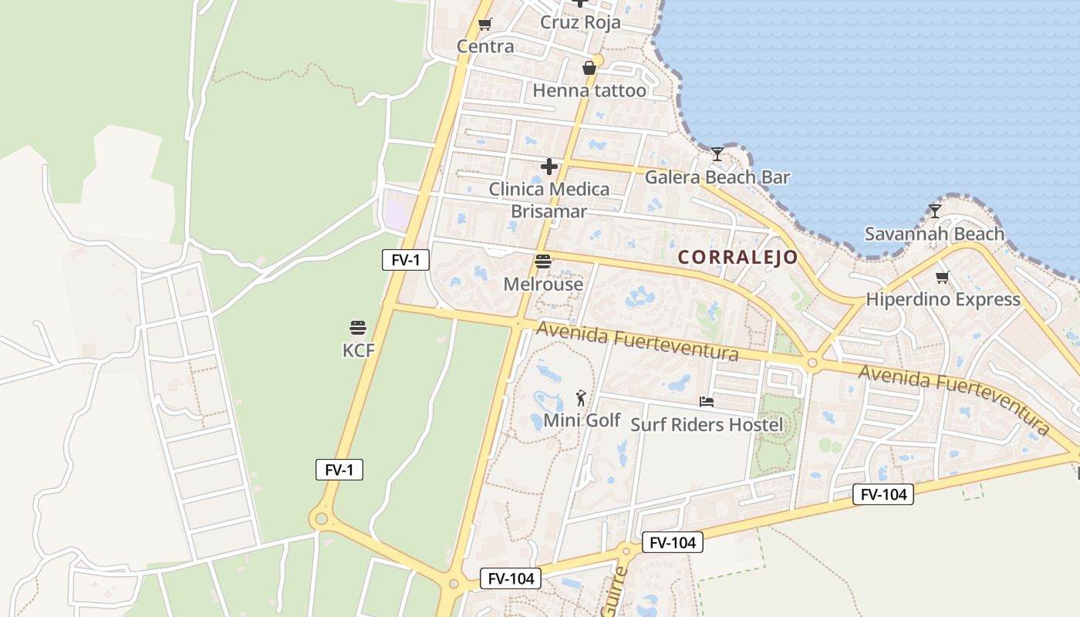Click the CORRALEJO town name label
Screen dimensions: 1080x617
point(738,258)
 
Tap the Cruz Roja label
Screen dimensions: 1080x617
point(580,22)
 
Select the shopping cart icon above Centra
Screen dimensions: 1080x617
point(485,25)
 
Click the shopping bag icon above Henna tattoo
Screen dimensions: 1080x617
point(589,68)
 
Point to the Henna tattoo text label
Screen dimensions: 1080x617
point(589,91)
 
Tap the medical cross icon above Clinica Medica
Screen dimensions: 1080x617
point(549,167)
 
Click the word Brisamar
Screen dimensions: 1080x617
point(549,211)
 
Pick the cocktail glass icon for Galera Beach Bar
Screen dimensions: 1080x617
point(717,154)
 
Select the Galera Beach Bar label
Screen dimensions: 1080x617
point(717,177)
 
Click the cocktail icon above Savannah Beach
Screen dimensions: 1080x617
point(935,211)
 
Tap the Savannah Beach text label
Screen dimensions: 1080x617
point(934,234)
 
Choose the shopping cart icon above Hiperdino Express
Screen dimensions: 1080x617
point(942,277)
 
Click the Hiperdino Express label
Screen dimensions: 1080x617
point(943,299)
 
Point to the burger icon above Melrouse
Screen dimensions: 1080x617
point(543,261)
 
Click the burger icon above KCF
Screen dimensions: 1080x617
point(357,328)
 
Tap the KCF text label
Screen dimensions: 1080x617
point(358,351)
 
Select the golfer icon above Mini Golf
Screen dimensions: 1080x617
point(582,398)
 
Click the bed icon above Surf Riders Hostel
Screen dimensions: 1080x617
point(707,402)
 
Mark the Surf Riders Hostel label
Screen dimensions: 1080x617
point(707,425)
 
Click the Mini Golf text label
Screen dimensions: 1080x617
point(582,420)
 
